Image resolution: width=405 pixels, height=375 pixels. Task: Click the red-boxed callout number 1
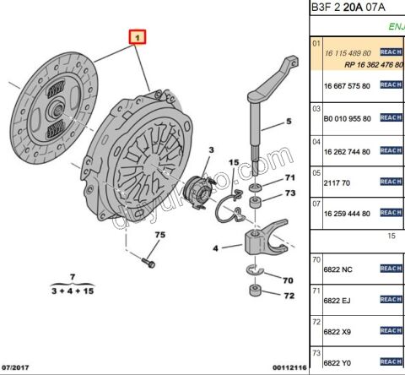tap(137, 37)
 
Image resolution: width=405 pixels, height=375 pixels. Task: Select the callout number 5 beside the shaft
tap(288, 122)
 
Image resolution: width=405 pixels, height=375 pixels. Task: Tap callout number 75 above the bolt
tap(159, 234)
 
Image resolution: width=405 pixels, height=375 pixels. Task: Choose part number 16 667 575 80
tap(347, 85)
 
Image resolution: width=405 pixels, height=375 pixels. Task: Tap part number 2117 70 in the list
tap(337, 182)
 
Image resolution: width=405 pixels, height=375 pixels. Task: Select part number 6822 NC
tap(339, 269)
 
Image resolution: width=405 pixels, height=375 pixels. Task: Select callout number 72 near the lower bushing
tap(289, 296)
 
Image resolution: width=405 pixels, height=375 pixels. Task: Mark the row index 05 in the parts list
tap(316, 172)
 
